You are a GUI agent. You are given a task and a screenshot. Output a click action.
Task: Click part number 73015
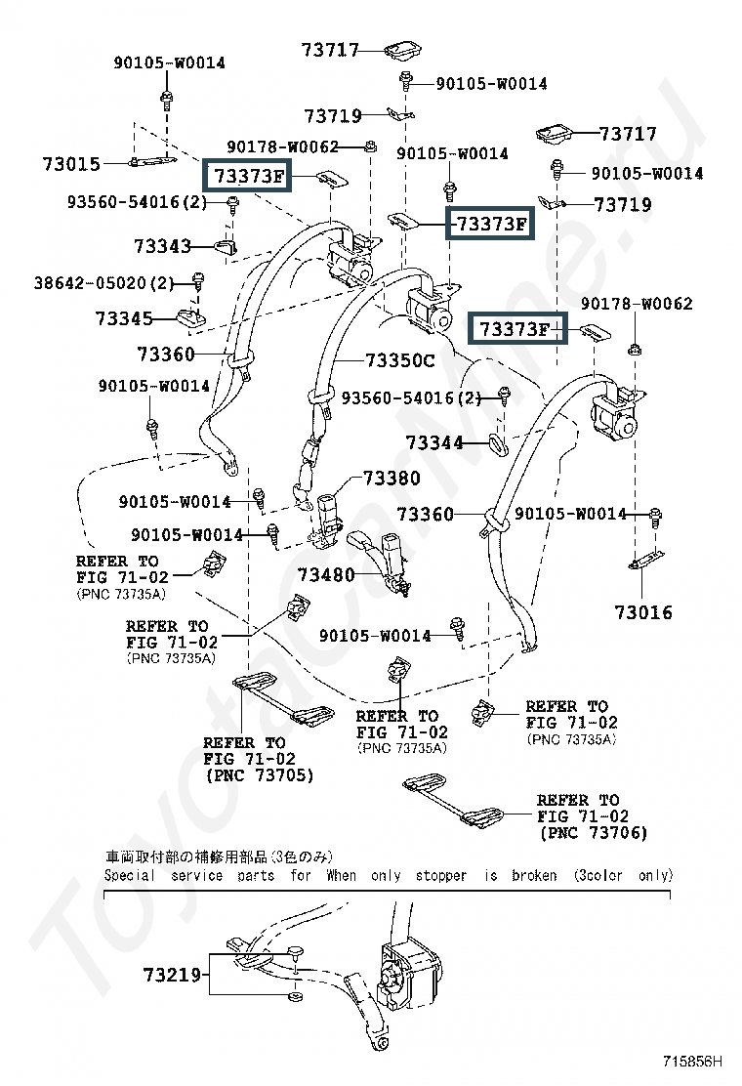(x=71, y=164)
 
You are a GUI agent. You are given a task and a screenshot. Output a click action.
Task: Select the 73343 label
(x=162, y=247)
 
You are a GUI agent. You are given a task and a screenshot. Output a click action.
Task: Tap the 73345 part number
(x=124, y=318)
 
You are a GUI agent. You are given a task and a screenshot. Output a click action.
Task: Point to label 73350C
(x=399, y=360)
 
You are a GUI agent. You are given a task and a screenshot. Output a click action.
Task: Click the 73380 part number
(x=392, y=479)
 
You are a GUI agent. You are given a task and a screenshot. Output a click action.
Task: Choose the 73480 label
(x=326, y=575)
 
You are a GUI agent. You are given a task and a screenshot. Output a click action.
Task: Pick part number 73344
(x=434, y=443)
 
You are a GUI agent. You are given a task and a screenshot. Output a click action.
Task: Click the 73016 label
(x=643, y=613)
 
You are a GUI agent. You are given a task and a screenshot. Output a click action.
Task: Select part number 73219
(x=171, y=975)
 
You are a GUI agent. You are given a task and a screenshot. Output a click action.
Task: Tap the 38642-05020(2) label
(x=103, y=283)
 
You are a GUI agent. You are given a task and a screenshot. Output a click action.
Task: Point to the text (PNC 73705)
(x=259, y=775)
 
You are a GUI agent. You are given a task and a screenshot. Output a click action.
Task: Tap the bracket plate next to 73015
(x=150, y=160)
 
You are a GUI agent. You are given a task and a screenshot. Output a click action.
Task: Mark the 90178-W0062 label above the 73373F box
(x=284, y=146)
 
